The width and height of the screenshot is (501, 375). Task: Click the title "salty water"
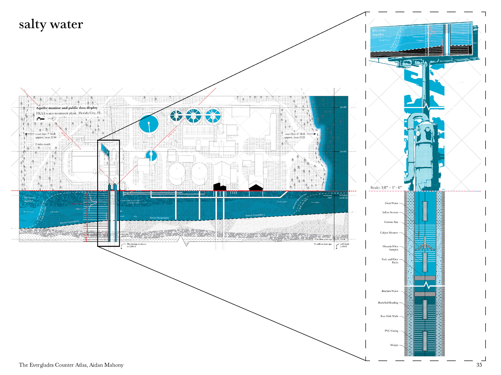[x=51, y=24]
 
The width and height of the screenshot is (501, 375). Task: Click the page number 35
[x=479, y=365]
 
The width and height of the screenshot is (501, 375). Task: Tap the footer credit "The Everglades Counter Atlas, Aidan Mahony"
[x=71, y=365]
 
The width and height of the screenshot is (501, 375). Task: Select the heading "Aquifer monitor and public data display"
[x=67, y=108]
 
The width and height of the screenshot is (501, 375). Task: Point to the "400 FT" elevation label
[x=343, y=107]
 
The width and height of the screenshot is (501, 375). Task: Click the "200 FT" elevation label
[x=343, y=152]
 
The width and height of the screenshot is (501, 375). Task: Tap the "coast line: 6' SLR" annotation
[x=295, y=134]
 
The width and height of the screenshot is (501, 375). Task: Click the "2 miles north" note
[x=43, y=144]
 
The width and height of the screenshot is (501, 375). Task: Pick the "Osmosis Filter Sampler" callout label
[x=391, y=248]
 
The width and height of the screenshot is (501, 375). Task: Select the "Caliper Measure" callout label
[x=389, y=233]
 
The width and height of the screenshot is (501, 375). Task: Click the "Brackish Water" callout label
[x=390, y=291]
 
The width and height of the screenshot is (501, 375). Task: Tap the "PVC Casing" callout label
[x=391, y=331]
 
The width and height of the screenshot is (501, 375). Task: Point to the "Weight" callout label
[x=394, y=345]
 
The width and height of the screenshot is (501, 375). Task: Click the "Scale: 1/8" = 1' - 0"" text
[x=386, y=187]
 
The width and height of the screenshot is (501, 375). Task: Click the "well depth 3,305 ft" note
[x=344, y=245]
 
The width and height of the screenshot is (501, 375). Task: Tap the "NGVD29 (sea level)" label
[x=343, y=196]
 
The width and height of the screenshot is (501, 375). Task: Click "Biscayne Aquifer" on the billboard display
[x=378, y=32]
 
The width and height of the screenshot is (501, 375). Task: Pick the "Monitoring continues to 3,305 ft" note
[x=136, y=245]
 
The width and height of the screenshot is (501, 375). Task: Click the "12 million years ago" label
[x=323, y=239]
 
